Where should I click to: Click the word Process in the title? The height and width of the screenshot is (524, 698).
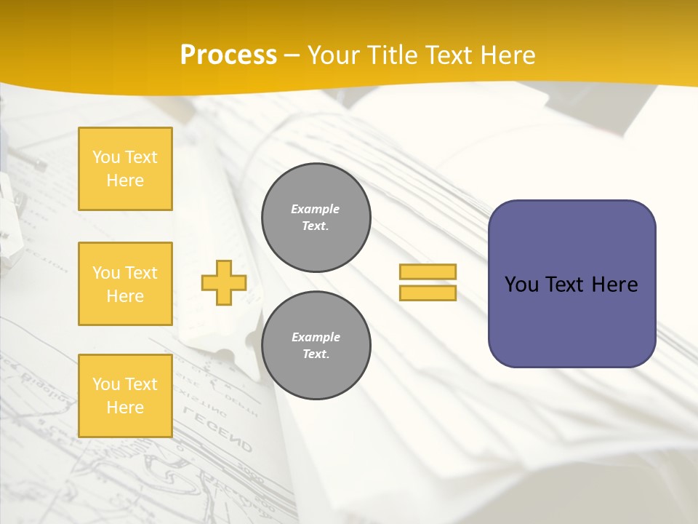pos(228,55)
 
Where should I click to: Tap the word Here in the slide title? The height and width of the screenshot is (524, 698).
pos(507,55)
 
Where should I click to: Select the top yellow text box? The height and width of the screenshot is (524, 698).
pos(125,169)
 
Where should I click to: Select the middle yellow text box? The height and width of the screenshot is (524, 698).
pos(125,284)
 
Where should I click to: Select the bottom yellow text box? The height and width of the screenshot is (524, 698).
pos(125,395)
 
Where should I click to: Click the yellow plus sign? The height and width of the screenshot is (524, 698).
pos(224,282)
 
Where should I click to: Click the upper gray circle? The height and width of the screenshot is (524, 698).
pos(316,218)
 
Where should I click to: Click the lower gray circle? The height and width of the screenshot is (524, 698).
pos(316,346)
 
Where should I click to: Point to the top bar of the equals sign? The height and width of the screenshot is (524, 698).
pos(428,271)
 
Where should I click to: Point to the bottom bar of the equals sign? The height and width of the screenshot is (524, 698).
pos(428,293)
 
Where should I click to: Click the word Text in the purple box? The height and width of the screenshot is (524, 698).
pos(564,285)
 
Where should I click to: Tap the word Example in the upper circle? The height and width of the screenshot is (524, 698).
pos(316,209)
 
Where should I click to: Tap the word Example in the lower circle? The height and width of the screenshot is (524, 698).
pos(316,337)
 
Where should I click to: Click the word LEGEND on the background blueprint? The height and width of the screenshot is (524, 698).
pos(218,430)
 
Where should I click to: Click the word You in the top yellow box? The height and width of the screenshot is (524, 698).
pos(106,157)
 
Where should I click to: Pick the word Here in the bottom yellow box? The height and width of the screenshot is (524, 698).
pos(125,408)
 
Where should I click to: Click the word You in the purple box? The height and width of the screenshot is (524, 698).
pos(521,285)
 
